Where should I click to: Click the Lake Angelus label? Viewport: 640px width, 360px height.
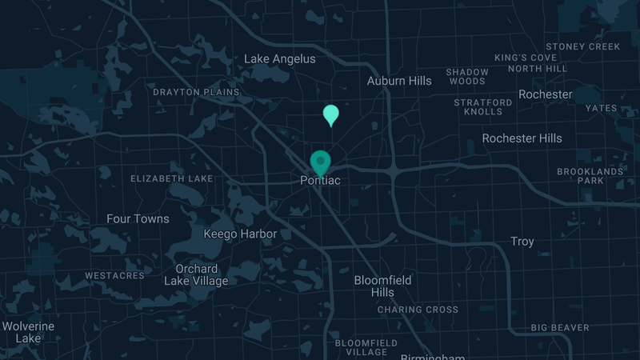[x=279, y=59]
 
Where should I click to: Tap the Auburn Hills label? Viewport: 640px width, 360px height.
[x=399, y=81]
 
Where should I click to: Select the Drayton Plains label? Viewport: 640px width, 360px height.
[x=196, y=92]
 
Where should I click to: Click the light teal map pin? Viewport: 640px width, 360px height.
[x=330, y=114]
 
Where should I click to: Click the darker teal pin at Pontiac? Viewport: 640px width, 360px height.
[x=320, y=162]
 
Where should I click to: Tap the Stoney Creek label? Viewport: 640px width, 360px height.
[x=583, y=46]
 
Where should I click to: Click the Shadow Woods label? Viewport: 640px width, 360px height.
[x=467, y=77]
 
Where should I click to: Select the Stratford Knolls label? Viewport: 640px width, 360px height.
[x=482, y=107]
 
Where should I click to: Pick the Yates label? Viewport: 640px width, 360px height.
[x=601, y=108]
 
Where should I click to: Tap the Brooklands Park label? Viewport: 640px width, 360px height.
[x=590, y=176]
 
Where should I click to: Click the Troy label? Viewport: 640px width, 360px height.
[x=522, y=242]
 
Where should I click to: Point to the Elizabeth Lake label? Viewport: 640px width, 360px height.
[x=172, y=178]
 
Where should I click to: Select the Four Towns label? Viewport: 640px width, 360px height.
[x=138, y=219]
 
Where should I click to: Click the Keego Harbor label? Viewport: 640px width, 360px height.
[x=240, y=234]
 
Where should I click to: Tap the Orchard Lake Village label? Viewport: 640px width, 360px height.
[x=196, y=274]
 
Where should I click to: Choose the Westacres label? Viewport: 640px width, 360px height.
[x=114, y=276]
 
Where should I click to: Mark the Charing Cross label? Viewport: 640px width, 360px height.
[x=418, y=310]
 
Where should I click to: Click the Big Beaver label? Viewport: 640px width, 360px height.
[x=560, y=327]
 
